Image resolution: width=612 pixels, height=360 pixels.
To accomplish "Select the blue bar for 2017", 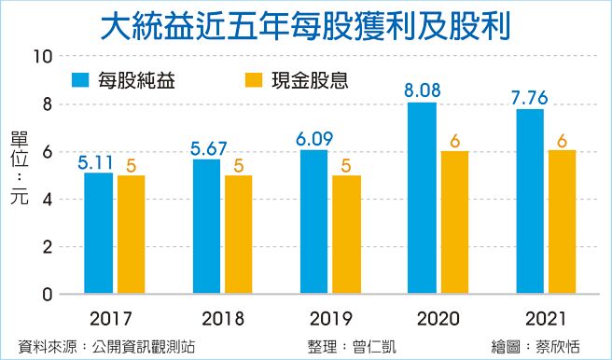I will point(98,233).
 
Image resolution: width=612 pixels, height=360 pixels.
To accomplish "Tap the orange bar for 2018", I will point(237,235).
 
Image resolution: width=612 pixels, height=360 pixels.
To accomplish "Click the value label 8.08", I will point(422,91).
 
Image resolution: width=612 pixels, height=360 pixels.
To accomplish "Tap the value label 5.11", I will point(97,162).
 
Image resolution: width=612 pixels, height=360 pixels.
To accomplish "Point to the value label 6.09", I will point(313,139).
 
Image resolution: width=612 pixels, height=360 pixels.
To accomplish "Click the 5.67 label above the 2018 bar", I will point(206,148).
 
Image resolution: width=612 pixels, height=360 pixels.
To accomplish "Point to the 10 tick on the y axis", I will point(40,56).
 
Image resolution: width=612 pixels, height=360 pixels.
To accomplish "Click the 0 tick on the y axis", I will point(45,295).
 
